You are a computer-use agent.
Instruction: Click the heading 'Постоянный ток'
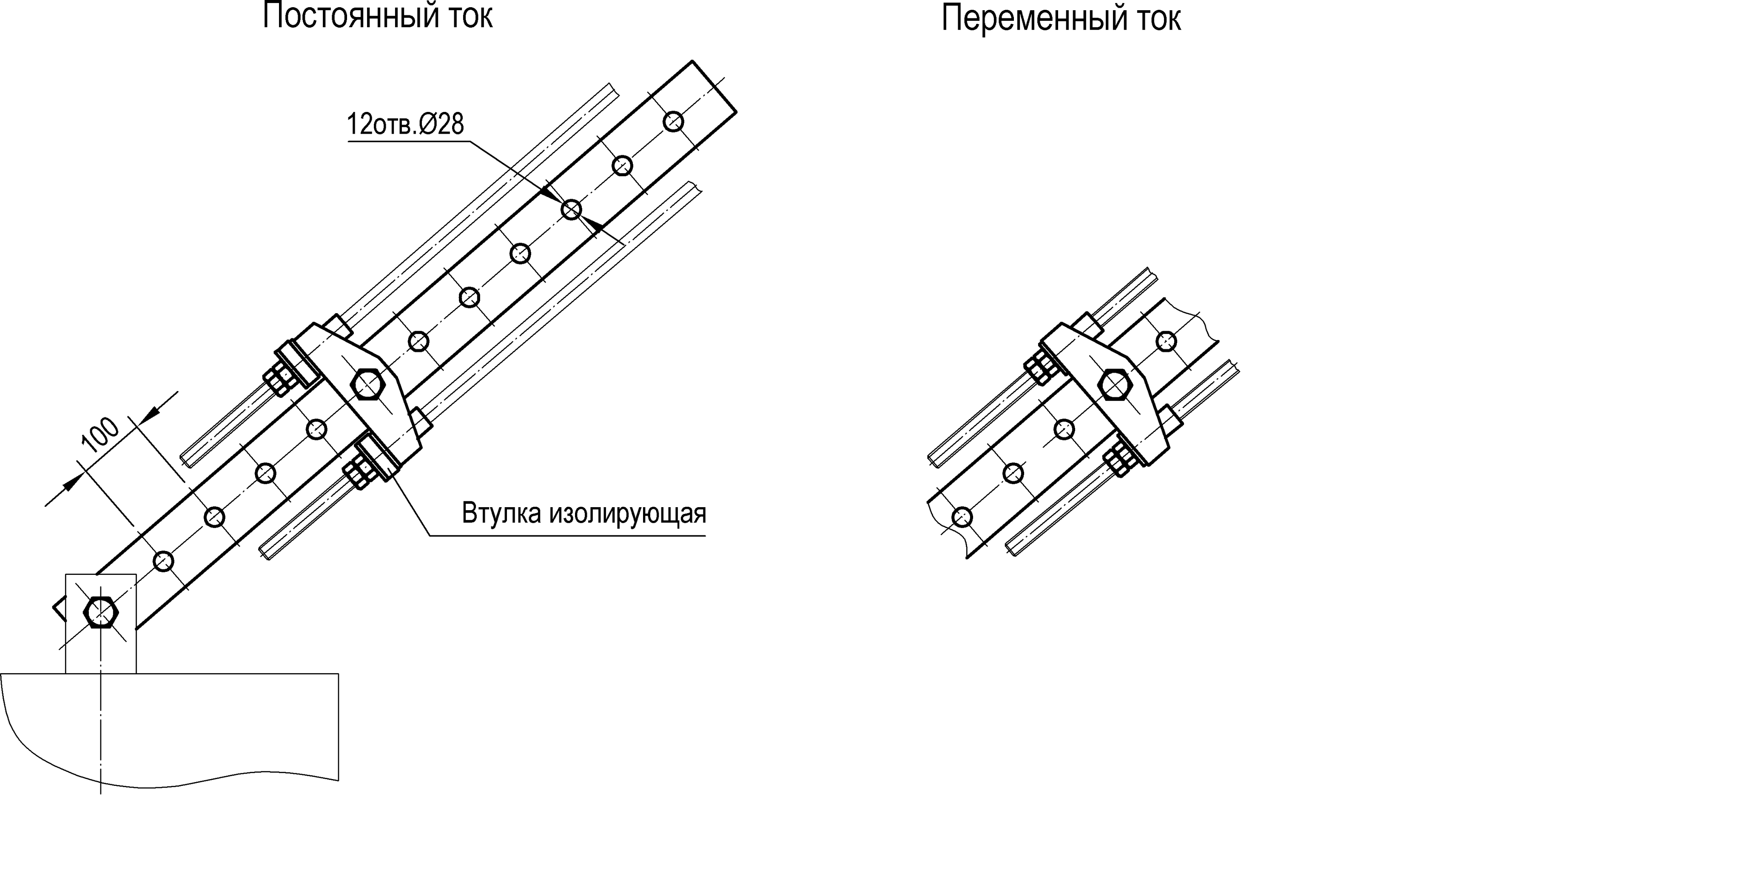pos(377,16)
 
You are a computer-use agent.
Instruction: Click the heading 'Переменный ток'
pos(1060,19)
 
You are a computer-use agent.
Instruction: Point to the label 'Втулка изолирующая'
pos(584,513)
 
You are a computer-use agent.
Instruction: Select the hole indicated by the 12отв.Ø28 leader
pos(572,210)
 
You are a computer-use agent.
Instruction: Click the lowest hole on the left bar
pos(164,561)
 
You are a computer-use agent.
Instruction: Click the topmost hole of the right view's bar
pos(1166,341)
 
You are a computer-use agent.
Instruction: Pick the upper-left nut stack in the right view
pos(1041,367)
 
